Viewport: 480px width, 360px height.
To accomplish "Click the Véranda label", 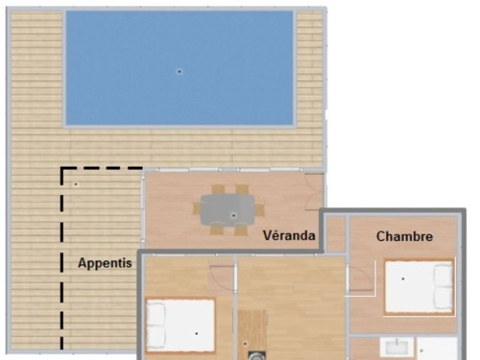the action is point(289,235).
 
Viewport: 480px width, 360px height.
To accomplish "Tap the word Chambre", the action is point(404,236).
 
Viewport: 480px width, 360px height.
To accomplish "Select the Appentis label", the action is point(105,263).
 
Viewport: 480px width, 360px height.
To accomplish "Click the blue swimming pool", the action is point(180,68).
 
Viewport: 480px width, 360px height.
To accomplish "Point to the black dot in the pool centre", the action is point(180,72).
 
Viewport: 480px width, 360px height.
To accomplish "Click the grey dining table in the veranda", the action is point(228,210).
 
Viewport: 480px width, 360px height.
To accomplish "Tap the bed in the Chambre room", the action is point(419,287).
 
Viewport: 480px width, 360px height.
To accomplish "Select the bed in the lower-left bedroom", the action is point(180,325).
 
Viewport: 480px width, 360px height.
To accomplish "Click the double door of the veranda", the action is point(314,192).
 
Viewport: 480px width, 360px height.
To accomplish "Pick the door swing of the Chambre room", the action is point(362,277).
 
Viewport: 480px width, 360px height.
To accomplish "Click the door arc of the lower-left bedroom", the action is point(222,277).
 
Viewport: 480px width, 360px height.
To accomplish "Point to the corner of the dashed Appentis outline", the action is point(62,168).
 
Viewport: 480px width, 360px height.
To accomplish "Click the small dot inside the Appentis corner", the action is point(76,184).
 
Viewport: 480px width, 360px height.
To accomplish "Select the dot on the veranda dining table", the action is point(233,215).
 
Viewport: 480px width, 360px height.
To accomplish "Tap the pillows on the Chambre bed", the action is point(444,287).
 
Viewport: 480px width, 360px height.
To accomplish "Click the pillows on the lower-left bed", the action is point(156,325).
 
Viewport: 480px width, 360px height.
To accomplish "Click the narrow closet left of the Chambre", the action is point(336,233).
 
